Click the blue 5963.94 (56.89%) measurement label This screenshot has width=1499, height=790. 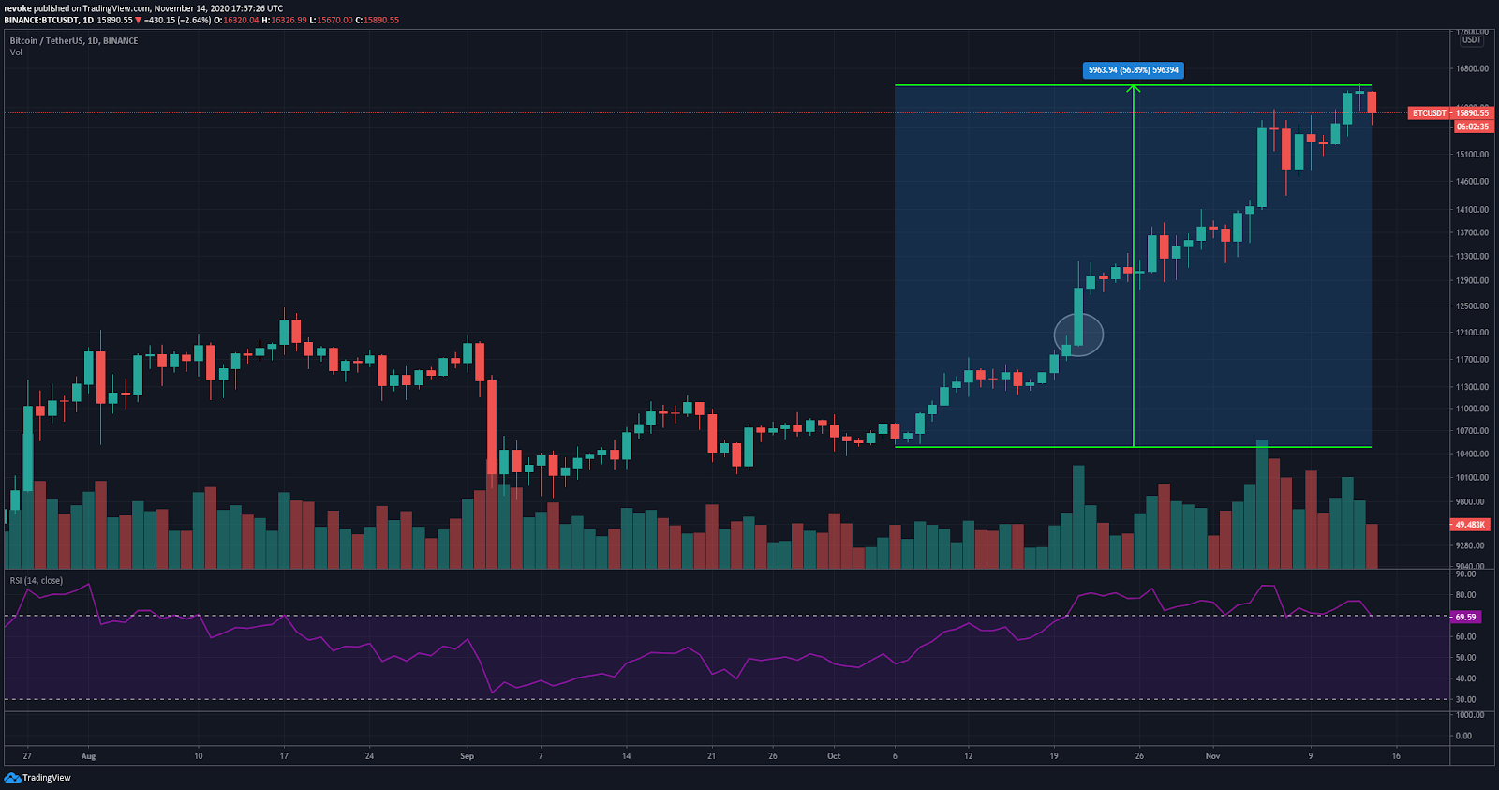[x=1133, y=70]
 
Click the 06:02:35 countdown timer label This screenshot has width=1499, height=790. [x=1472, y=127]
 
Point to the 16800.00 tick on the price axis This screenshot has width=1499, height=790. [x=1472, y=69]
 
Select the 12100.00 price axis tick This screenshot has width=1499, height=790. [x=1472, y=333]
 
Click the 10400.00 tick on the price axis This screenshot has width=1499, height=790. [x=1472, y=455]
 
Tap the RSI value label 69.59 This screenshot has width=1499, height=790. [x=1465, y=618]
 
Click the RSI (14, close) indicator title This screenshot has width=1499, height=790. [x=37, y=581]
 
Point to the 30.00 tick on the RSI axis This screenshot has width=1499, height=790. [x=1465, y=700]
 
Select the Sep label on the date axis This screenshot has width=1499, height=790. [x=467, y=756]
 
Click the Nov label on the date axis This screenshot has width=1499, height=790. [x=1212, y=756]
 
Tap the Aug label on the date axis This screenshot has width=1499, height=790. [x=88, y=756]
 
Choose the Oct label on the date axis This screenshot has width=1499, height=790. [x=834, y=756]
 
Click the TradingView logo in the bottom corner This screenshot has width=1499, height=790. [x=37, y=778]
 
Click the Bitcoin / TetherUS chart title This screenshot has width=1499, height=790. [x=73, y=41]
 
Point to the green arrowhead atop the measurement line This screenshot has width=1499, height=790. [x=1134, y=89]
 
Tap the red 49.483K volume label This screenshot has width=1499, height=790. [x=1470, y=525]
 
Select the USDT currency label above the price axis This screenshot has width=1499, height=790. [x=1472, y=40]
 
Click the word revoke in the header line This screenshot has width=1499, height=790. [x=18, y=8]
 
